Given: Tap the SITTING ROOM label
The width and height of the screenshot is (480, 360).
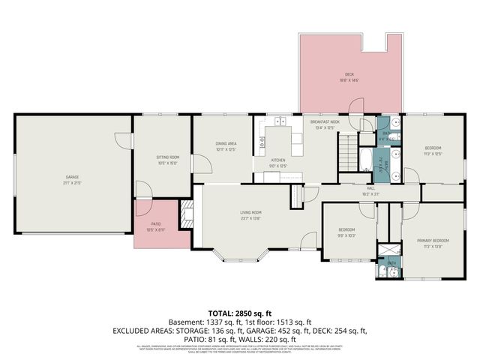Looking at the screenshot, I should [x=167, y=157].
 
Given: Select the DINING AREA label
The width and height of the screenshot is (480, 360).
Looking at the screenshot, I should [x=226, y=143].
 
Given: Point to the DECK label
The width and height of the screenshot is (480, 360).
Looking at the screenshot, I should [x=349, y=74].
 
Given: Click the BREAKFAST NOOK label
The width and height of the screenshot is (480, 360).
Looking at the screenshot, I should [x=325, y=122].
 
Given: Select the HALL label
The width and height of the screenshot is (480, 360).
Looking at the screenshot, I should [x=370, y=189].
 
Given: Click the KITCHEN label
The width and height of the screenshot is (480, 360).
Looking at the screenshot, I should [x=278, y=160].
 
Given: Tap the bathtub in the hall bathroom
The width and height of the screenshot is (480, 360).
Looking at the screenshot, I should [x=364, y=160].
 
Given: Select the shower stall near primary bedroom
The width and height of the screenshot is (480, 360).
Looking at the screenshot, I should [x=387, y=250].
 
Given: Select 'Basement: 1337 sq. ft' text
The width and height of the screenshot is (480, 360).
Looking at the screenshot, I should [x=205, y=321].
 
